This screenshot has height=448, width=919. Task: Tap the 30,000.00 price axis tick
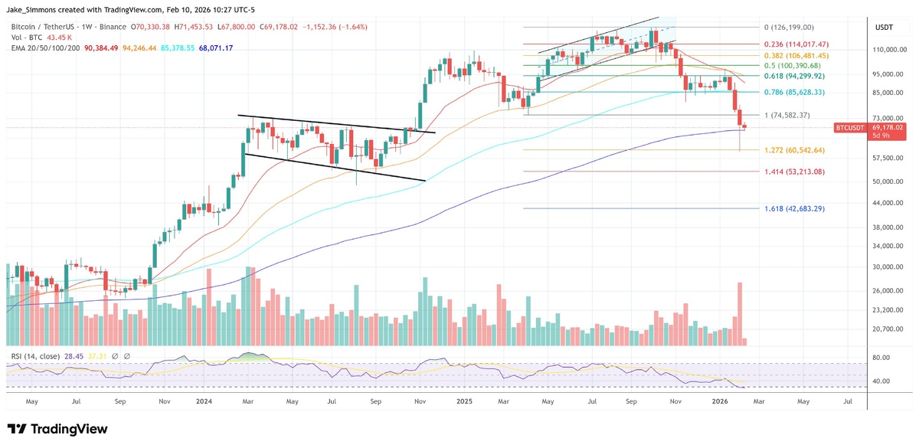[890, 267]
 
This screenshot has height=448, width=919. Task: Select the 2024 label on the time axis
[204, 401]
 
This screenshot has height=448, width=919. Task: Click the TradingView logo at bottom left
[57, 429]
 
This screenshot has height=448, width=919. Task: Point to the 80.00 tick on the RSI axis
[881, 358]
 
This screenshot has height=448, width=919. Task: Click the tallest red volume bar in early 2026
[740, 314]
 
